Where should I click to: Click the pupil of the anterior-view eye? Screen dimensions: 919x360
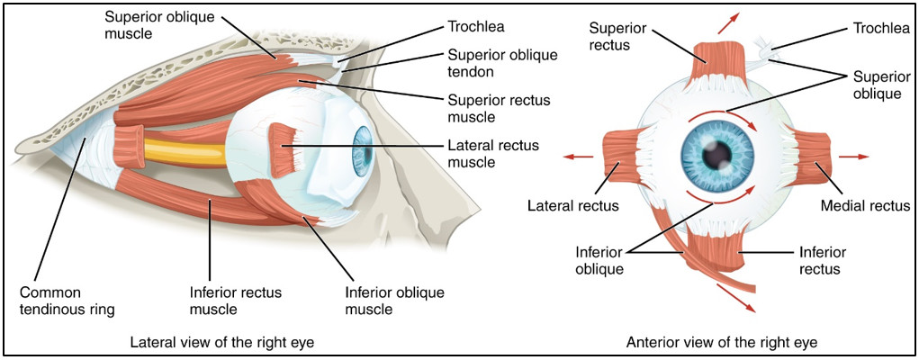coord(717,154)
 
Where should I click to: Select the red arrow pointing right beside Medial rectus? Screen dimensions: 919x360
coord(853,157)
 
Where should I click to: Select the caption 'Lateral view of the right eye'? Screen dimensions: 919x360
coord(222,342)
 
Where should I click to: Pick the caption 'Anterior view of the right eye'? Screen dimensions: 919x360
coord(722,342)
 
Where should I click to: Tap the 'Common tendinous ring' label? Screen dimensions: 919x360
coord(67,301)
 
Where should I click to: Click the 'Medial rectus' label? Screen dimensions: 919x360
coord(864,206)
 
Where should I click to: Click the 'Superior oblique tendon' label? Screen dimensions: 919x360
coord(501,63)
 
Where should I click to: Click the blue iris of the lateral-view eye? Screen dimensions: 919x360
coord(361,154)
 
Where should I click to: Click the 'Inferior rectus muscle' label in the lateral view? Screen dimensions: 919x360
coord(236,301)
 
